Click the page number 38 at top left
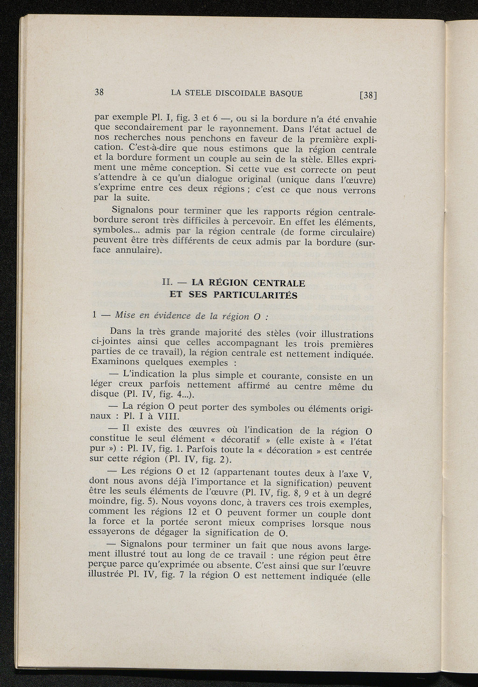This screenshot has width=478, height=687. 99,92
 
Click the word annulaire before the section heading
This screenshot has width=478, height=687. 137,250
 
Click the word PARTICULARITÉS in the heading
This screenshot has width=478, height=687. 255,295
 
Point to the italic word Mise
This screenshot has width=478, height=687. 124,315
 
